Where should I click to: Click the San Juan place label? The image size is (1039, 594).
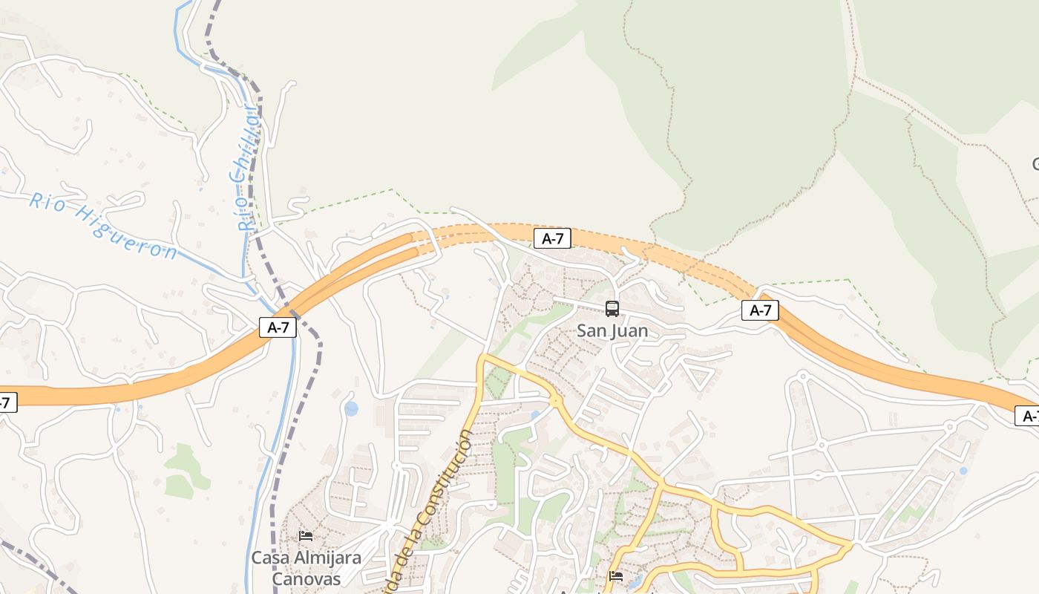[612, 331]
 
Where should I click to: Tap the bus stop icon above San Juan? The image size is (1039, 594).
[612, 308]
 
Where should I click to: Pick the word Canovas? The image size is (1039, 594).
[306, 578]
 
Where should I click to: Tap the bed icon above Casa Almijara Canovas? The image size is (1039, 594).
[305, 535]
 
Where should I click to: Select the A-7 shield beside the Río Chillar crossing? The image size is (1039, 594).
[278, 327]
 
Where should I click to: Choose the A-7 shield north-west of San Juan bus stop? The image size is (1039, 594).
[552, 238]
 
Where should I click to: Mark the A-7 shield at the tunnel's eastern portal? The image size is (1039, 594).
[760, 310]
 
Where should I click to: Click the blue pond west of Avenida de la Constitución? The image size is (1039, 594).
[351, 408]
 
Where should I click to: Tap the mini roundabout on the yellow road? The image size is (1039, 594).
[555, 401]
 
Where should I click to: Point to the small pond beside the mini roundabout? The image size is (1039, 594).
[535, 415]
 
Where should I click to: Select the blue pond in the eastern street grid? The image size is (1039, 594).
[963, 470]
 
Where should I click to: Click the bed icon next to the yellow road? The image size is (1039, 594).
[615, 576]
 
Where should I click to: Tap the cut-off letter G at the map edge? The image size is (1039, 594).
[1035, 163]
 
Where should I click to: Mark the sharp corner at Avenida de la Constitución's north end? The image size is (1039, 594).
[482, 358]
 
